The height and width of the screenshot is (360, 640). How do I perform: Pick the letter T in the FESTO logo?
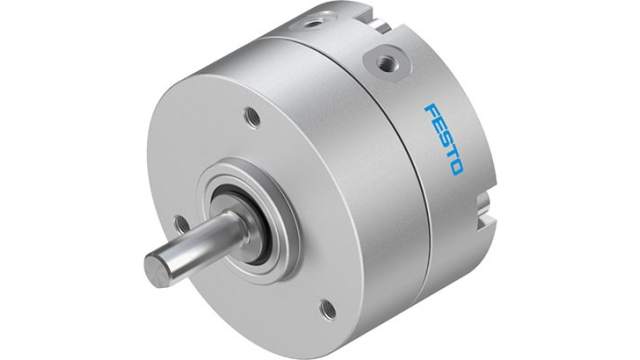tap(450, 149)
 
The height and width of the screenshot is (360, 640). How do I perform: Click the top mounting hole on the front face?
tap(252, 118)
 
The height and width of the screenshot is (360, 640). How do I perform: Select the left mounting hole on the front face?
tap(181, 224)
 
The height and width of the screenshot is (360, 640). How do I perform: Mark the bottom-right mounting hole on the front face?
tap(327, 309)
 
